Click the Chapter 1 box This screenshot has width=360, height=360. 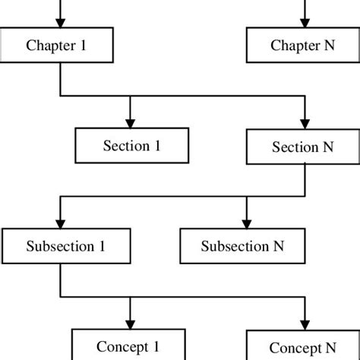[x=56, y=45]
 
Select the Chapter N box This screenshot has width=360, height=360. [x=303, y=45]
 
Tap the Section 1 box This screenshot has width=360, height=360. [x=132, y=146]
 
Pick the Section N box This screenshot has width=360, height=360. [x=303, y=147]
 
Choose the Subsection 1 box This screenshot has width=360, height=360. [x=66, y=246]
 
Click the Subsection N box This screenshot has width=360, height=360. [x=242, y=246]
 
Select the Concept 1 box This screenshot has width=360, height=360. [x=128, y=344]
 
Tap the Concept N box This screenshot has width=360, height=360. [x=303, y=345]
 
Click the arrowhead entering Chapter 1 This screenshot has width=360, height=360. [x=60, y=23]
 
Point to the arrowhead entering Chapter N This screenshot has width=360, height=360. [x=305, y=23]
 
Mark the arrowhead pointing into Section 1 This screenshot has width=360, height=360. [x=130, y=124]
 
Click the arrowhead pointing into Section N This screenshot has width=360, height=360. [x=305, y=125]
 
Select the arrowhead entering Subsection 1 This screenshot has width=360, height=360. [x=60, y=224]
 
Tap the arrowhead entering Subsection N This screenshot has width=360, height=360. [x=247, y=224]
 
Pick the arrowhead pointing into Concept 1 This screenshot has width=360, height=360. [x=130, y=324]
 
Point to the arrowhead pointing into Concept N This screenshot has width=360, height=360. [x=305, y=326]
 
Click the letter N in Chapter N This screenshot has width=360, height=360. [x=330, y=45]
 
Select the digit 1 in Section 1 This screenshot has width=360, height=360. [x=157, y=146]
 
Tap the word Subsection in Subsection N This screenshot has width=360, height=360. [x=235, y=246]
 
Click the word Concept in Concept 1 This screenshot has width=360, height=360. [x=122, y=347]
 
